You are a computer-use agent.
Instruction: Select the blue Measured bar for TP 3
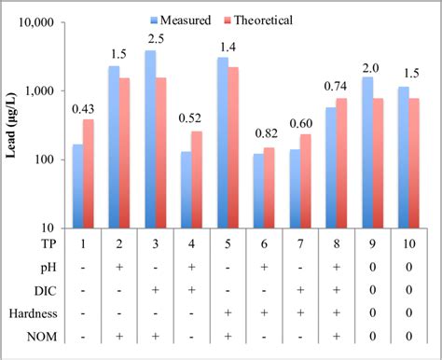[x=150, y=139]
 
